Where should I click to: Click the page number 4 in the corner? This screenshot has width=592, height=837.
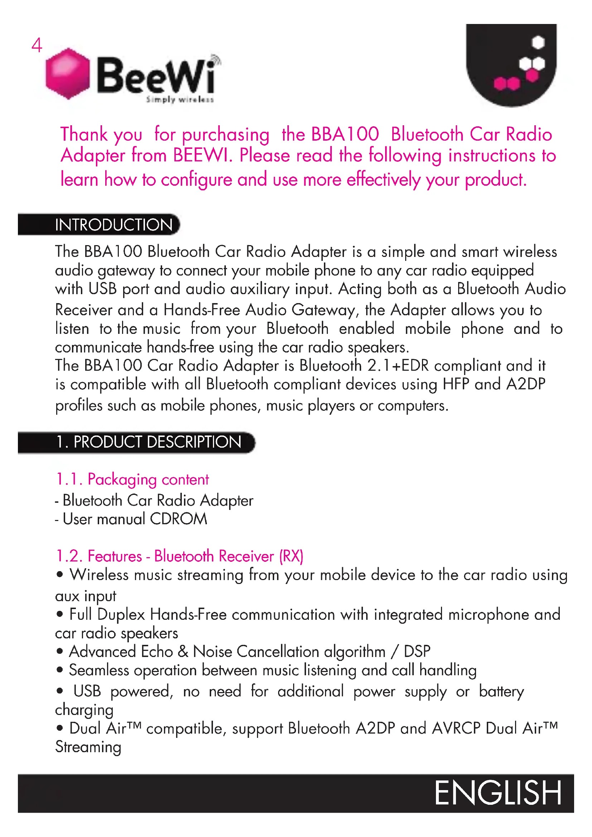[37, 45]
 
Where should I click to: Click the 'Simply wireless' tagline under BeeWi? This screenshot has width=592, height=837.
[180, 99]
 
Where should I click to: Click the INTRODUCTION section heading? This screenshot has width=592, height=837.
[114, 225]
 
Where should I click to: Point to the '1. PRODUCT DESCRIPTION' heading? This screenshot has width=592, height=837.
[149, 442]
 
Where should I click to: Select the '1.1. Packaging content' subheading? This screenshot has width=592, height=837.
[132, 480]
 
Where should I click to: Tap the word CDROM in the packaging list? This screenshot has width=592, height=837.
[178, 519]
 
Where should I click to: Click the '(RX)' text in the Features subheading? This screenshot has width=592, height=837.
[291, 556]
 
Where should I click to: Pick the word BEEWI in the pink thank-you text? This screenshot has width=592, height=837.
[202, 156]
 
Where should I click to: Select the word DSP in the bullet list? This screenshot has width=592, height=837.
[417, 651]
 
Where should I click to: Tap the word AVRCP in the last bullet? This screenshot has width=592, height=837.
[456, 728]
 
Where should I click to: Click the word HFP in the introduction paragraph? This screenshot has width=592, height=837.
[456, 384]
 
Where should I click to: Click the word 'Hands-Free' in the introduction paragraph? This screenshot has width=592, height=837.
[202, 310]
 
